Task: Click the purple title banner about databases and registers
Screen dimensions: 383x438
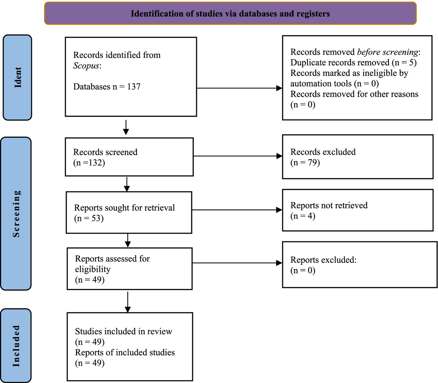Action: pyautogui.click(x=230, y=14)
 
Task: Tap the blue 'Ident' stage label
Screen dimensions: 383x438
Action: pyautogui.click(x=17, y=77)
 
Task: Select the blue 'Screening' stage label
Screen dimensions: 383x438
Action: pyautogui.click(x=16, y=214)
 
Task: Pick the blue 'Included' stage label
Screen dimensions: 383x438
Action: pyautogui.click(x=16, y=346)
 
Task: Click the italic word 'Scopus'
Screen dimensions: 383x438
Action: pyautogui.click(x=86, y=66)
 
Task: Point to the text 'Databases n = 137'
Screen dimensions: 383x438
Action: pyautogui.click(x=107, y=87)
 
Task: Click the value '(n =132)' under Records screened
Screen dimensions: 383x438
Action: pyautogui.click(x=89, y=163)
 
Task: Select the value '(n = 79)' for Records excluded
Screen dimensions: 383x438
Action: pyautogui.click(x=305, y=163)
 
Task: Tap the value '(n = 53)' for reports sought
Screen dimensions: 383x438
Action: pyautogui.click(x=89, y=218)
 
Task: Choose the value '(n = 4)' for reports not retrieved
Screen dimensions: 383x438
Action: pyautogui.click(x=303, y=216)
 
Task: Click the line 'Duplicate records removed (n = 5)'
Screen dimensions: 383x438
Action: pyautogui.click(x=353, y=62)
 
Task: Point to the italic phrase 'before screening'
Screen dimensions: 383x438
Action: pyautogui.click(x=387, y=52)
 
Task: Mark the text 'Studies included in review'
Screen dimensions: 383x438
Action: pyautogui.click(x=124, y=331)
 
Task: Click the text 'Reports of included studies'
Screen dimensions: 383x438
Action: pyautogui.click(x=125, y=352)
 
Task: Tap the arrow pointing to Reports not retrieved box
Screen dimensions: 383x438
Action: pyautogui.click(x=237, y=210)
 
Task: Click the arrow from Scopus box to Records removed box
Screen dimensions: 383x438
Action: pyautogui.click(x=239, y=88)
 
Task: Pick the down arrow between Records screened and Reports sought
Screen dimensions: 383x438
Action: pyautogui.click(x=127, y=184)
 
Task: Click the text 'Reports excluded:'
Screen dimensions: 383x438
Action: pyautogui.click(x=323, y=260)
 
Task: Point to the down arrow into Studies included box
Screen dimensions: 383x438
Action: pyautogui.click(x=128, y=302)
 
